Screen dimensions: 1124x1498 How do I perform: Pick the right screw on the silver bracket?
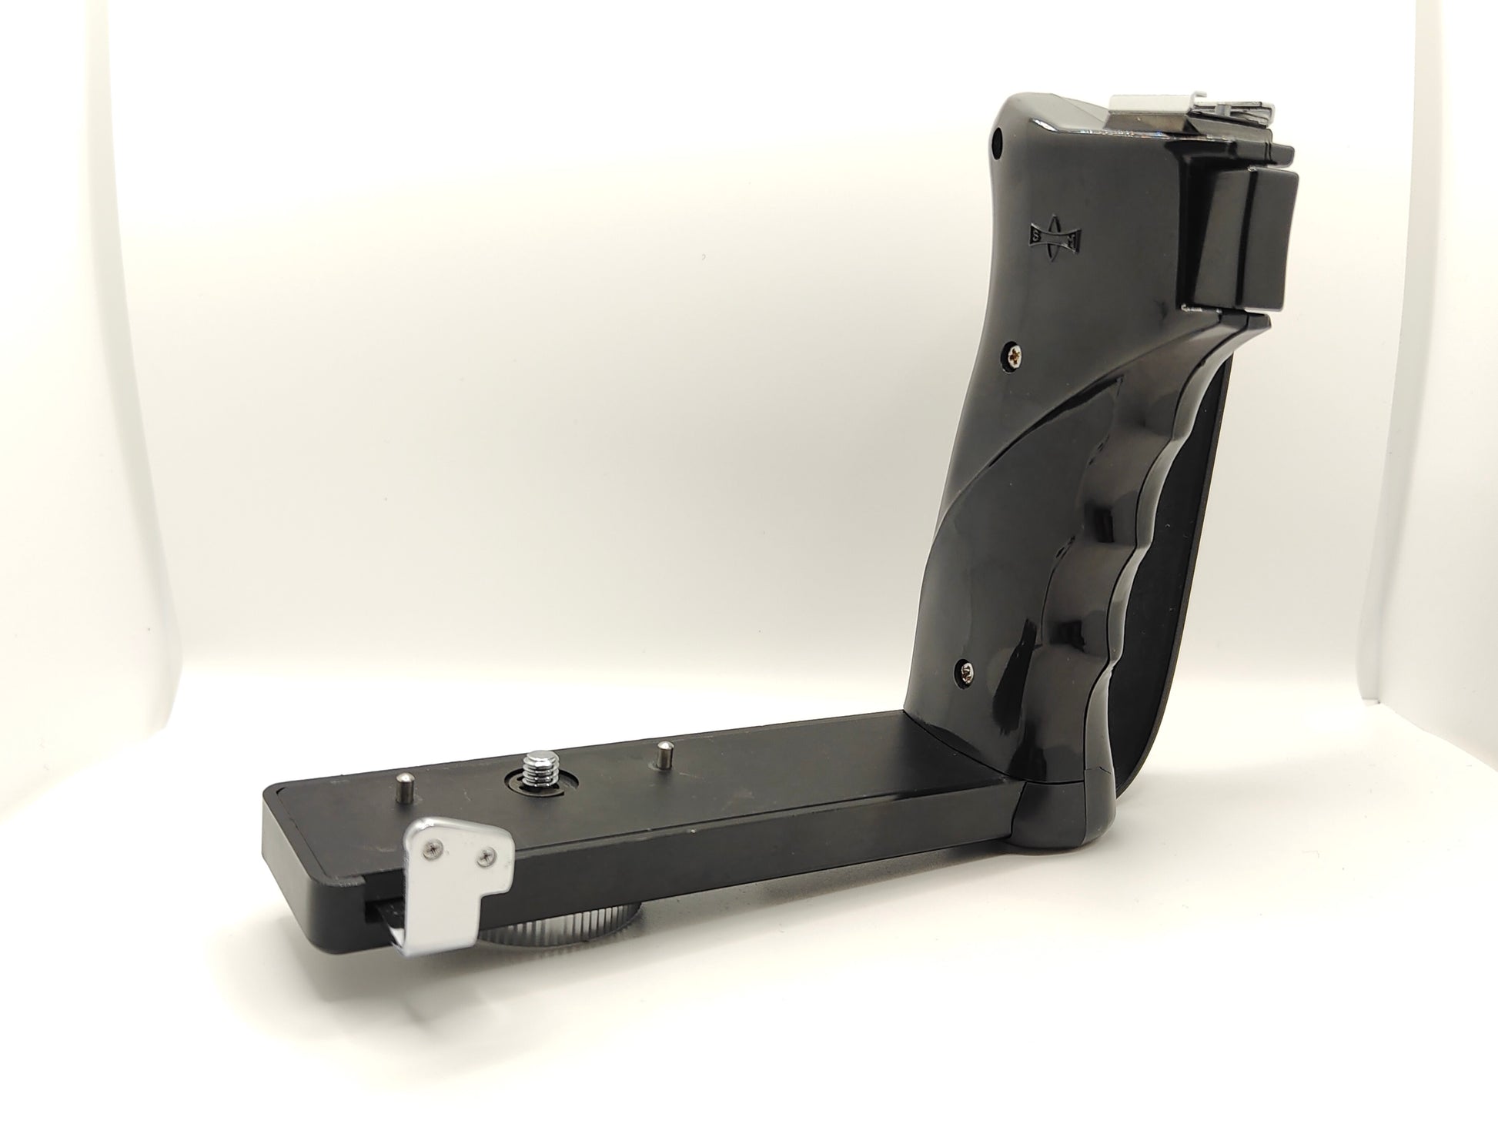click(x=487, y=855)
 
